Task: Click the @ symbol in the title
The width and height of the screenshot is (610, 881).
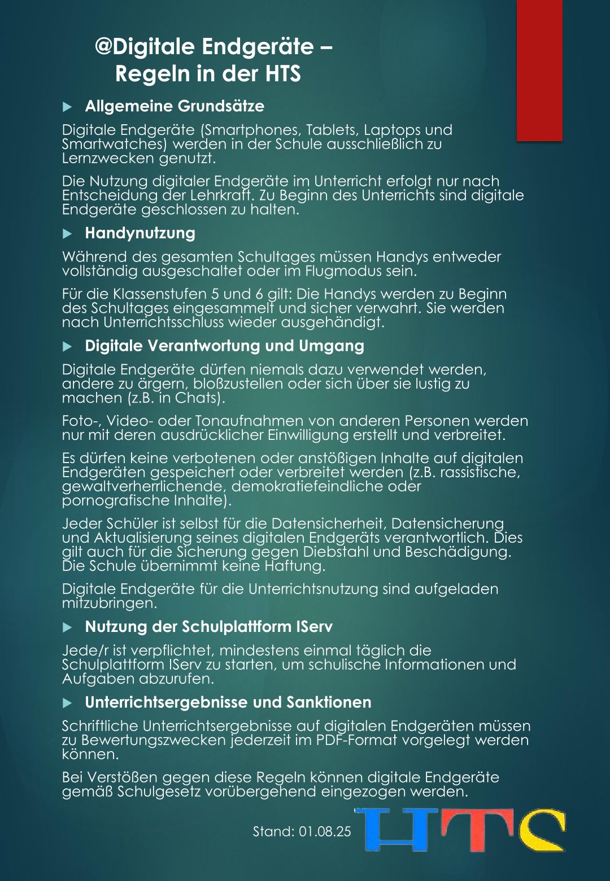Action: click(103, 47)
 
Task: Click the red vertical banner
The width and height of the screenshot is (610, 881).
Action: click(539, 71)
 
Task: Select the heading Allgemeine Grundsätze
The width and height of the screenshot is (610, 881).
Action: click(174, 106)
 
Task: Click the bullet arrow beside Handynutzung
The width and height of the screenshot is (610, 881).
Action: click(67, 233)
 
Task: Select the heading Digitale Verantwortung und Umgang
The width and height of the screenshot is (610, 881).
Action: click(224, 346)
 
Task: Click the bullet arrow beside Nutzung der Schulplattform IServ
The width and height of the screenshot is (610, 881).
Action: click(67, 627)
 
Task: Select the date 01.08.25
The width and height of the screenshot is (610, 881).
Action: click(325, 831)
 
